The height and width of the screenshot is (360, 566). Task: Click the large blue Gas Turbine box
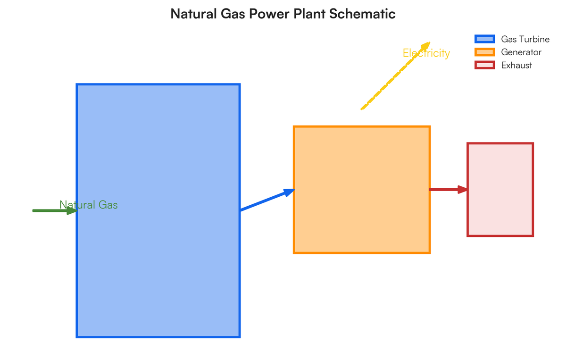(158, 264)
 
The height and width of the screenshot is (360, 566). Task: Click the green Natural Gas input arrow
(47, 210)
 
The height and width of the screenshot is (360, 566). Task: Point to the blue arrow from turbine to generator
(264, 201)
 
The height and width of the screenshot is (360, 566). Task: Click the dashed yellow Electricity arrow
(387, 84)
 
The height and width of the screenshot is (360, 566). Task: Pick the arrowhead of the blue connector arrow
(289, 192)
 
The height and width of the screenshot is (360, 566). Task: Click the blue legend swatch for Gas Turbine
(484, 39)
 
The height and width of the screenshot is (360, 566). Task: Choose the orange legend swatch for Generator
(484, 52)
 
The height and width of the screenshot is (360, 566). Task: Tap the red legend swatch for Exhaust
(484, 65)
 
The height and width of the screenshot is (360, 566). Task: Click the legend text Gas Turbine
(525, 39)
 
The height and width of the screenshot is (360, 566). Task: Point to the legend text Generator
(521, 52)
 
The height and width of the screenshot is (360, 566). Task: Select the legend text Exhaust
(516, 65)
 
